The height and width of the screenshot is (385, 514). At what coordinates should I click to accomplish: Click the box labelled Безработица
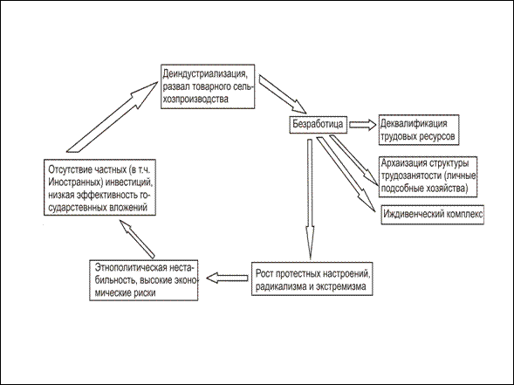318,124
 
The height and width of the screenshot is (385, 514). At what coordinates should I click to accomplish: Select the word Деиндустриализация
204,74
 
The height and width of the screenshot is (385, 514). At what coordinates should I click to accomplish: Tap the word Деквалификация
414,123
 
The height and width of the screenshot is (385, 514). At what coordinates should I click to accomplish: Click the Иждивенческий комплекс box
432,215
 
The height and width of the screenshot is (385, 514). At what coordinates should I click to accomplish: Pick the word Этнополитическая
131,267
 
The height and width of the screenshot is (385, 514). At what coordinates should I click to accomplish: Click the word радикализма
280,286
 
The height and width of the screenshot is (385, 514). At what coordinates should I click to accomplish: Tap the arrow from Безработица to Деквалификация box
362,125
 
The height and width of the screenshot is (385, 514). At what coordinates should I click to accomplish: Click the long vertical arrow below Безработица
310,199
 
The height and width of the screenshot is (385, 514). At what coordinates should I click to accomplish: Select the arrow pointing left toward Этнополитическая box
227,278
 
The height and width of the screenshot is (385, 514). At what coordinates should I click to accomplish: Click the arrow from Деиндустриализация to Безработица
282,94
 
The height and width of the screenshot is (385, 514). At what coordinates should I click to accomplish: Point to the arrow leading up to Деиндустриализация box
113,117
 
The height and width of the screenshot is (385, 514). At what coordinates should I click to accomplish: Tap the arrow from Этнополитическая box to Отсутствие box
137,239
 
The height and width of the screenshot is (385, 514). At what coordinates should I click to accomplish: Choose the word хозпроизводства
195,99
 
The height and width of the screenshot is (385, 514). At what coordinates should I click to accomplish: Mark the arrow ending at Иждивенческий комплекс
346,174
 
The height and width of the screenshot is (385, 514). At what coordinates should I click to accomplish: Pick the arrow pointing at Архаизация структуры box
353,161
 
